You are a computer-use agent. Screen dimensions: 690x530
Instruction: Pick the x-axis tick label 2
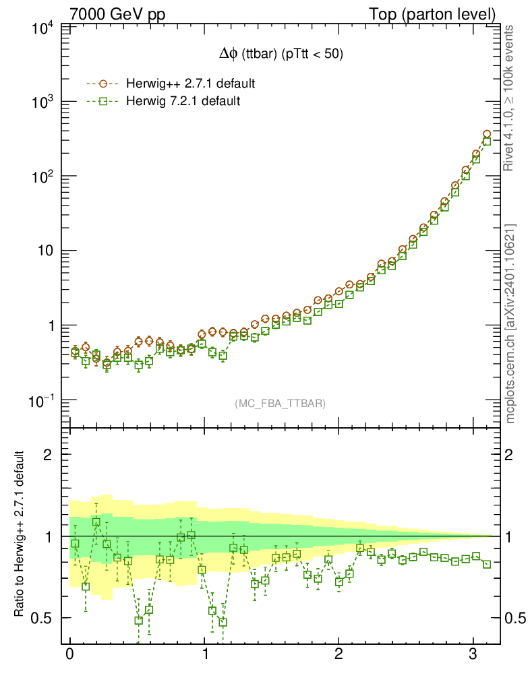click(338, 655)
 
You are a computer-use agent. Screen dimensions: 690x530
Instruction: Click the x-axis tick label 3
click(473, 655)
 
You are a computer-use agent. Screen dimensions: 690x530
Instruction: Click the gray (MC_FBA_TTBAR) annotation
click(280, 404)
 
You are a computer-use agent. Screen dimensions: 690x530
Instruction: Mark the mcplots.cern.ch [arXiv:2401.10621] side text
click(511, 323)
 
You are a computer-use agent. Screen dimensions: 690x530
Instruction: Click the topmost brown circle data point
click(487, 135)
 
